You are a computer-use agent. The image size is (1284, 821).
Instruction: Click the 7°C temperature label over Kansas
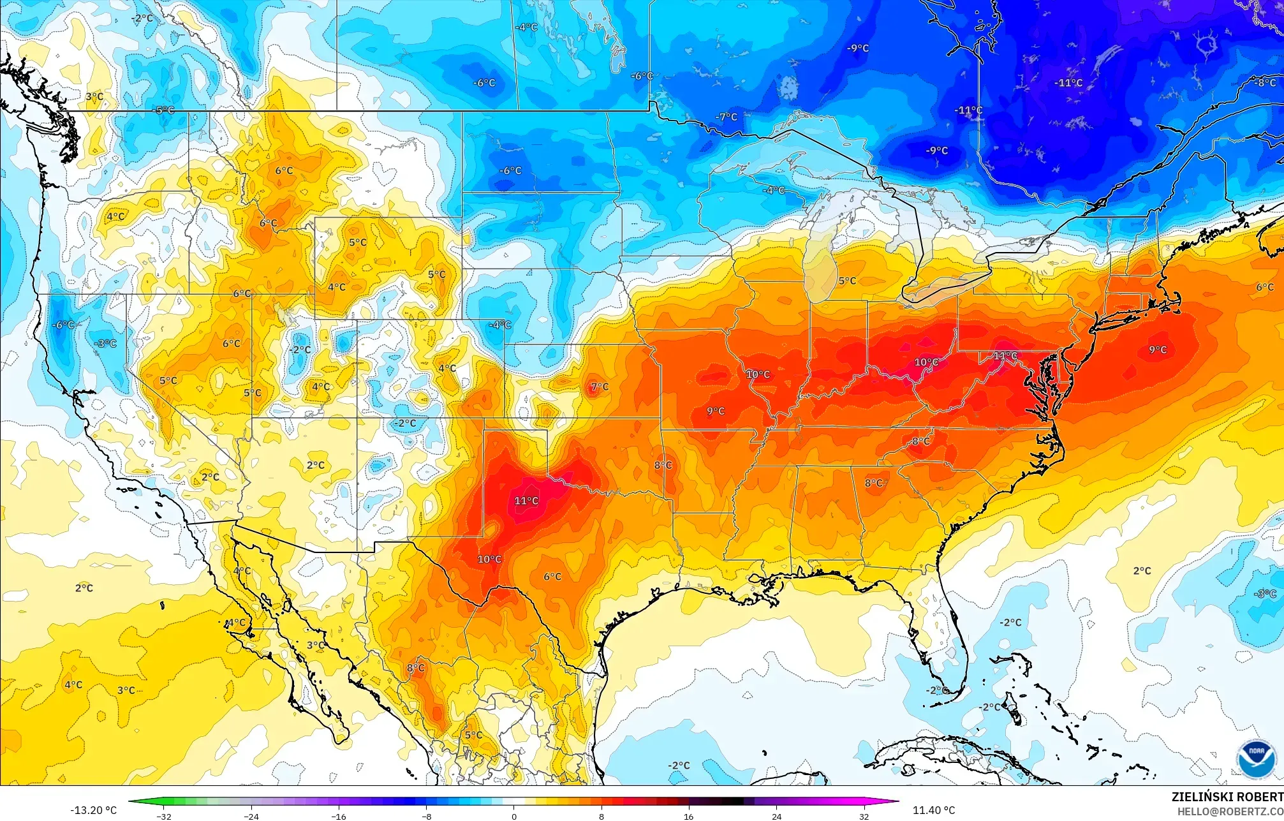600,387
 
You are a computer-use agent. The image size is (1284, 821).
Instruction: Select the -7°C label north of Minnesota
727,117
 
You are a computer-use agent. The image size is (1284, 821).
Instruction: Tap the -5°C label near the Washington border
164,110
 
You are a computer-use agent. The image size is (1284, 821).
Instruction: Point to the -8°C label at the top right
1264,83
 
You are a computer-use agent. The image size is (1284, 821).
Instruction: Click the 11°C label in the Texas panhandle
526,501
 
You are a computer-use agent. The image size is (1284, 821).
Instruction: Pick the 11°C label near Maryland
1005,356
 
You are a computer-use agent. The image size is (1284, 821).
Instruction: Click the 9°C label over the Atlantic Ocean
1158,350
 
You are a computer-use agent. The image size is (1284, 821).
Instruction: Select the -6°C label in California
63,325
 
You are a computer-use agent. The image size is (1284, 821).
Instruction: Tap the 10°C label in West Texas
489,559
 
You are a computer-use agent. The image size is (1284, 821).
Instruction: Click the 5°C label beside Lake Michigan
847,281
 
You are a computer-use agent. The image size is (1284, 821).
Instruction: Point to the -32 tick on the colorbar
164,816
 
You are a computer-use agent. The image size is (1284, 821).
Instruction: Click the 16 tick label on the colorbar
688,816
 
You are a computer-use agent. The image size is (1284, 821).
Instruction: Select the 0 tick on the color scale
514,816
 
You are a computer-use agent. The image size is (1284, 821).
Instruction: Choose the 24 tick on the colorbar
776,816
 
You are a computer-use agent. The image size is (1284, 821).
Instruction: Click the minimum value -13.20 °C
93,810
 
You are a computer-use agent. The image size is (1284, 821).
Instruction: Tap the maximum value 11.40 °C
934,810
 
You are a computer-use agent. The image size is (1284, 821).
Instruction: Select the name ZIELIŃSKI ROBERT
1227,797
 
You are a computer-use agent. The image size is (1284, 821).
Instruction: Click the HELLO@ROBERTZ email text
1230,811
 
